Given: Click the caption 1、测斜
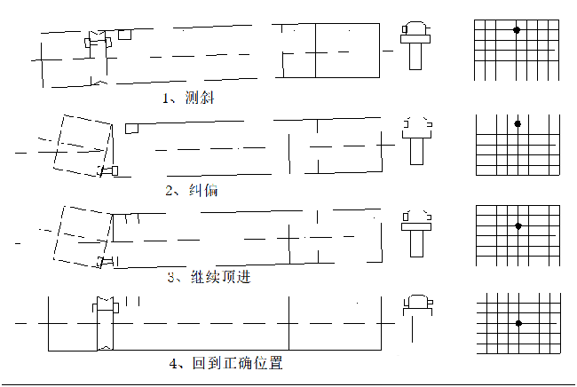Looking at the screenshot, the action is coord(188,98).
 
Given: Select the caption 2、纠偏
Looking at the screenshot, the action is coord(192,190).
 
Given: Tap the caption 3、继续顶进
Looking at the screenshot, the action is coord(209,277).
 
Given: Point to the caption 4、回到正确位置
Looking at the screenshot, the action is coord(226,363).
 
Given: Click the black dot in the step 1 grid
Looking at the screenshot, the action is coord(517,30).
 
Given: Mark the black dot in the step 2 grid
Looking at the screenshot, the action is coord(518,124).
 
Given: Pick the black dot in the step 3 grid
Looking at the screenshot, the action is coord(518,226).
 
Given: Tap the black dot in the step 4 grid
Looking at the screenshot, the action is coord(519,323).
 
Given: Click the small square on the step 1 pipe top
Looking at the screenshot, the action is coord(125,35).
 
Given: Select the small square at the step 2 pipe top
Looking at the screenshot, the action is coord(131,129).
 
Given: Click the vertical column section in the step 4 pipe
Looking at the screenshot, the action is coord(106,323).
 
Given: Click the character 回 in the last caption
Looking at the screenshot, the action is coord(199,363).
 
